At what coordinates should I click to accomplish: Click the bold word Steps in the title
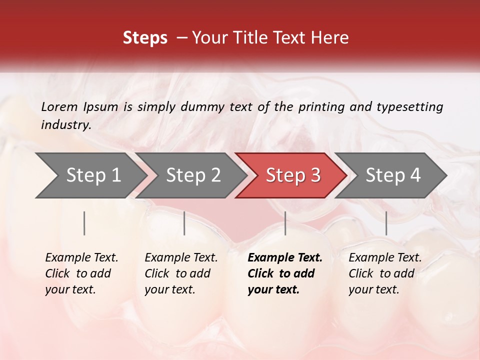145,38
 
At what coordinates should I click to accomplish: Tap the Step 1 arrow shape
90,175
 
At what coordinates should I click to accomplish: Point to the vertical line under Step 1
84,223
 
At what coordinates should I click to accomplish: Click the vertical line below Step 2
184,223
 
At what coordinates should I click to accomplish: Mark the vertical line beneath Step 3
285,223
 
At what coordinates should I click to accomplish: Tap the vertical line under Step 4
386,223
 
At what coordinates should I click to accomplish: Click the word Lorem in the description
59,106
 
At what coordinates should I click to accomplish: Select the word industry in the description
65,124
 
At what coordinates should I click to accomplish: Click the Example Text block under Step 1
81,273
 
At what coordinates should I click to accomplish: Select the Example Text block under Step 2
181,273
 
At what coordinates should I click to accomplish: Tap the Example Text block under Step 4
385,273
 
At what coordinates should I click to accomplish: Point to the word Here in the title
332,38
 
